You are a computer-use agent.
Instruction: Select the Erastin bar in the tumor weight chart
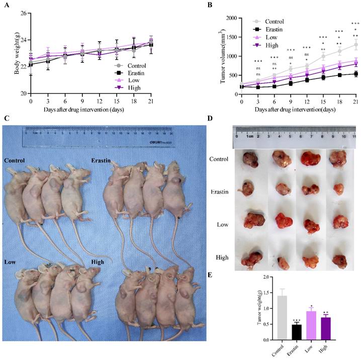[297, 332]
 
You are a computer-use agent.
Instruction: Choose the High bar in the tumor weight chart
[326, 328]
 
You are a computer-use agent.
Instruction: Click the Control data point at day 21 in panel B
[355, 45]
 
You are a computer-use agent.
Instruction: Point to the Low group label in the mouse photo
[10, 262]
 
